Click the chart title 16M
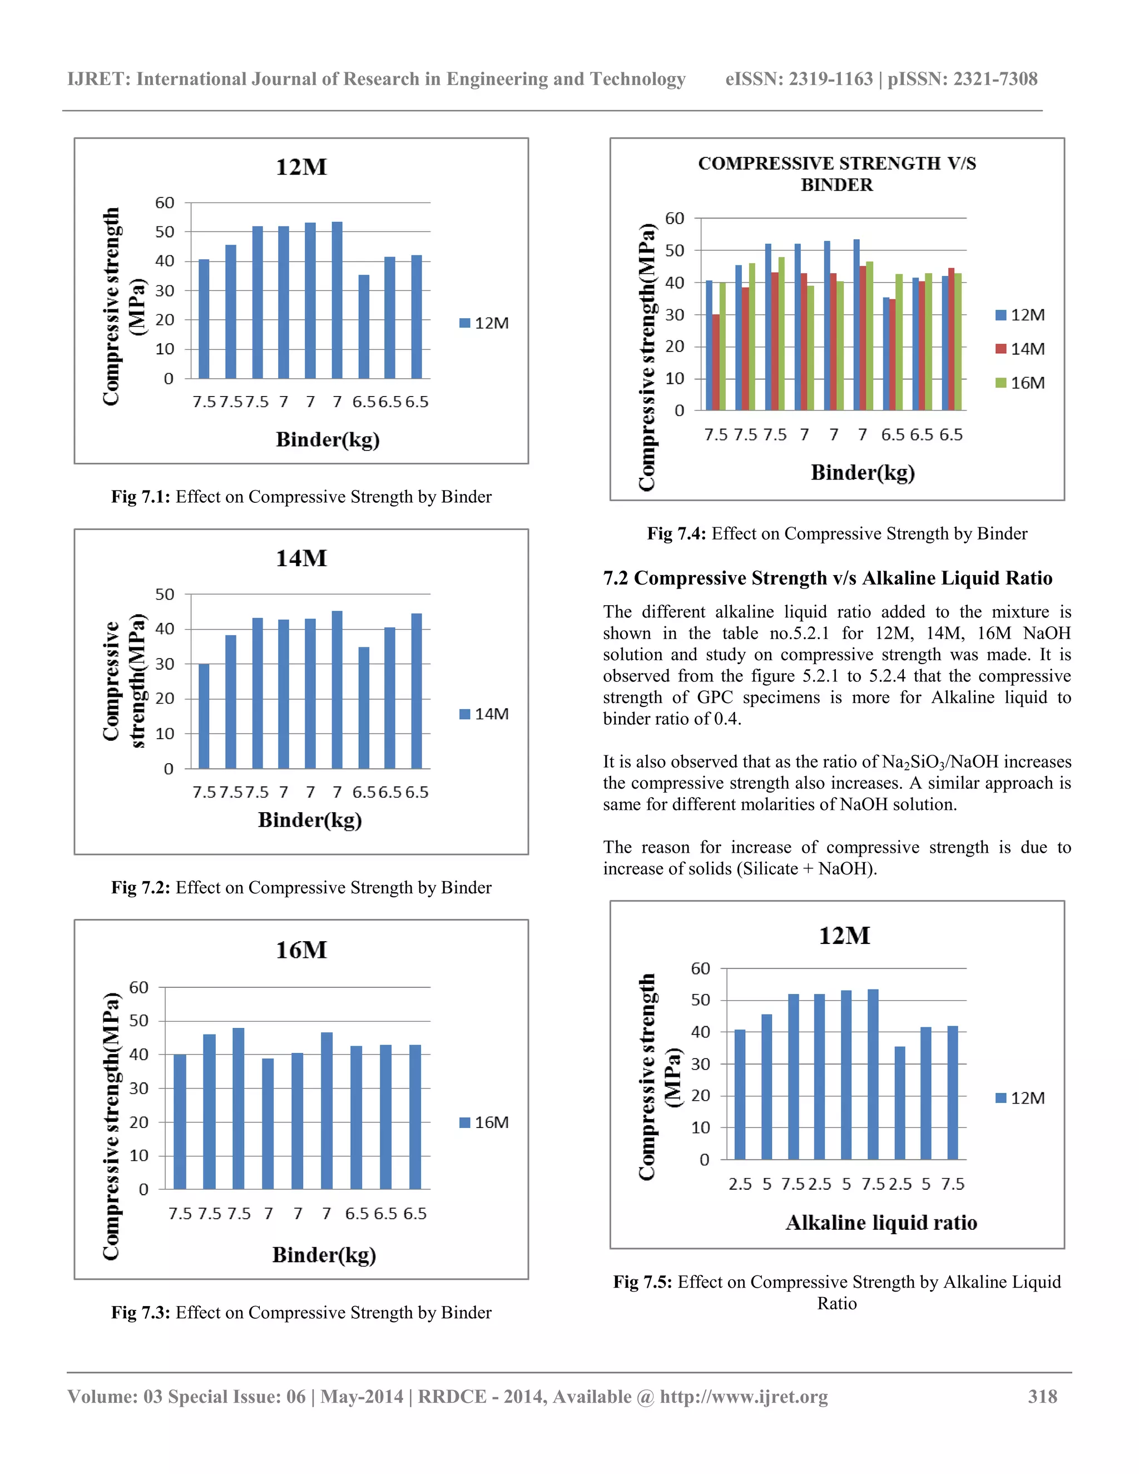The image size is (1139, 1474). click(301, 950)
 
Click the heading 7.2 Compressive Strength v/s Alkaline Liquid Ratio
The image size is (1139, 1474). click(827, 578)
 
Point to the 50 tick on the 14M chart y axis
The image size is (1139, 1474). click(165, 595)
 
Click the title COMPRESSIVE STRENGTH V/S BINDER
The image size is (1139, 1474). click(836, 174)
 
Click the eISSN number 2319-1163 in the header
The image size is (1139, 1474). click(831, 79)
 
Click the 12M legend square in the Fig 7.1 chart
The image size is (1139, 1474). click(465, 323)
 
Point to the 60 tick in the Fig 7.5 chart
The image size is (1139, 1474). click(700, 968)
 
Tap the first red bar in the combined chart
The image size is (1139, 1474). click(716, 363)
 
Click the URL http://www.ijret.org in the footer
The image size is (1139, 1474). click(744, 1396)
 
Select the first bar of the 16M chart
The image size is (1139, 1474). click(180, 1122)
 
